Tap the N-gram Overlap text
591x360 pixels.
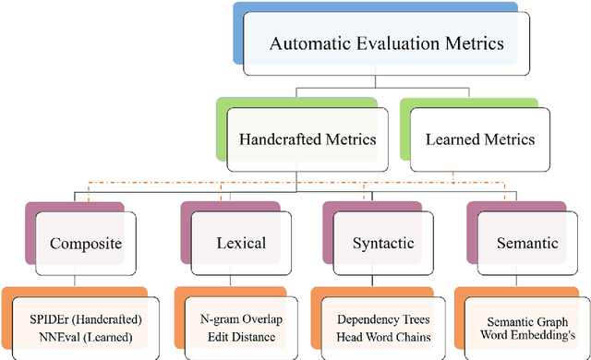(242, 319)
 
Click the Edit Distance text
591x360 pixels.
(242, 336)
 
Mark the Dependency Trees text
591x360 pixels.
(381, 319)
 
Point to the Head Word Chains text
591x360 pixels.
(381, 336)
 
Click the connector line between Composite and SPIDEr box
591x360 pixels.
(73, 281)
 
